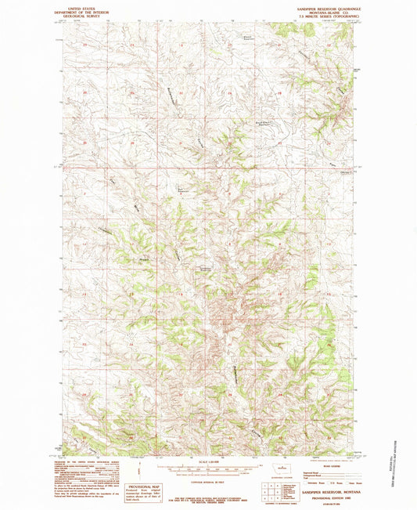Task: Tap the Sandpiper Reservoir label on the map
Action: click(x=204, y=269)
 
